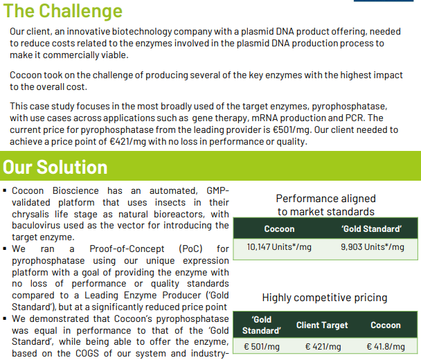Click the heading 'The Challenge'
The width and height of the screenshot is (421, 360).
coord(63,11)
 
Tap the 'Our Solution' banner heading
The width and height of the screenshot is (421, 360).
coord(55,167)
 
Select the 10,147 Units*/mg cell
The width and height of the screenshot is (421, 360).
coord(279,247)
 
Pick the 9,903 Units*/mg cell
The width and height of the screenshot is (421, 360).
coord(373,247)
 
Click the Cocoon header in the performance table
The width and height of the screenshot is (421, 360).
coord(279,228)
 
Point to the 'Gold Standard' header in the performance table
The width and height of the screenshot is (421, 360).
coord(372,228)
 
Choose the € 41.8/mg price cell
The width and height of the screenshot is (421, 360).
coord(386,347)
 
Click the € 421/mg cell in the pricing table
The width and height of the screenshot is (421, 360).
coord(323,347)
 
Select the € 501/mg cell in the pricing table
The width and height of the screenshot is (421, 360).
coord(262,347)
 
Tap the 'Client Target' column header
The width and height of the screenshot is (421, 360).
coord(322,325)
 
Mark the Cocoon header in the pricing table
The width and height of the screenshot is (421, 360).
coord(386,325)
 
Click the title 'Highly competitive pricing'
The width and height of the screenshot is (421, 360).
coord(325,298)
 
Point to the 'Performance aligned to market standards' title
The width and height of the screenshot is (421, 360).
coord(325,205)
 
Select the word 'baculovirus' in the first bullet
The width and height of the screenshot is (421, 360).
coord(36,225)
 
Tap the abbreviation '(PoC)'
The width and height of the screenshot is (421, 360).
coord(190,249)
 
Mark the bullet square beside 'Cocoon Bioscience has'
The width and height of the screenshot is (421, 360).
coord(5,190)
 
